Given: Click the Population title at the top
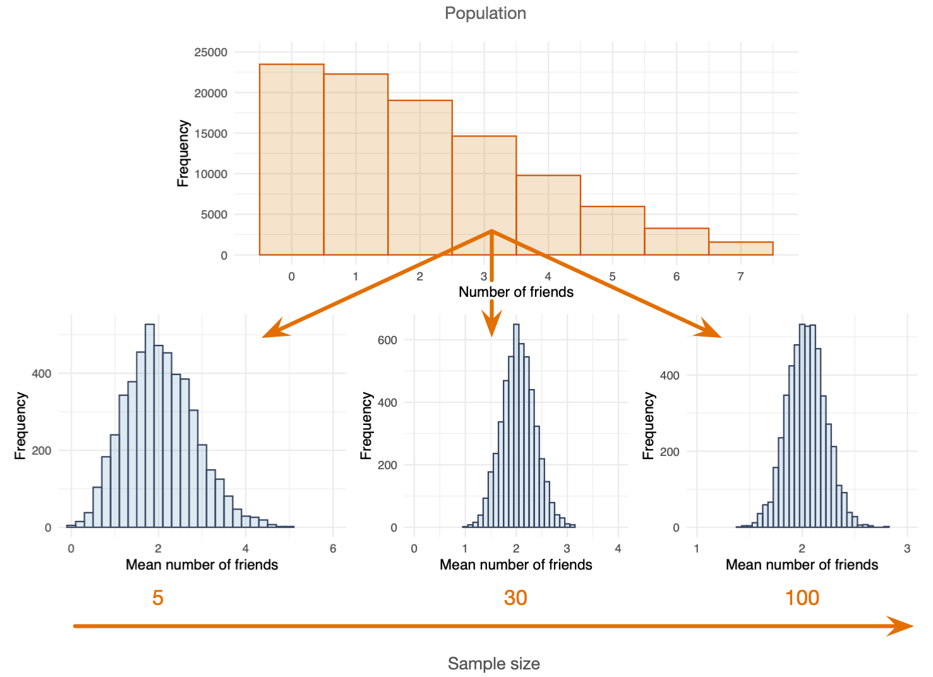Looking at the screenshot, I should pyautogui.click(x=485, y=13).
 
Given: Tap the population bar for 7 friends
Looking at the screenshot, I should pyautogui.click(x=740, y=248).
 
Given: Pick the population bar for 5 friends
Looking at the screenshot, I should pyautogui.click(x=612, y=231).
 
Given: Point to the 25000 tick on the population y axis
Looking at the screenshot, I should pyautogui.click(x=210, y=52).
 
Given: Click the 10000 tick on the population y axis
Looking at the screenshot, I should pyautogui.click(x=210, y=174).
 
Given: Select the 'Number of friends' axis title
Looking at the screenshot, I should pyautogui.click(x=516, y=292).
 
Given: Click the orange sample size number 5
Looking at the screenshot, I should pyautogui.click(x=158, y=597).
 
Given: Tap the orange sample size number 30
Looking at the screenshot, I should pyautogui.click(x=515, y=597).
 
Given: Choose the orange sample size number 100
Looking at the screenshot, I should pyautogui.click(x=802, y=597).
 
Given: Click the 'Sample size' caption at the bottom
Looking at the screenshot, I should pyautogui.click(x=493, y=664).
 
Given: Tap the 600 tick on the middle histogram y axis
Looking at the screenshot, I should pyautogui.click(x=387, y=340).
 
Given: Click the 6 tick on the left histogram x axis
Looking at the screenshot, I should pyautogui.click(x=333, y=549).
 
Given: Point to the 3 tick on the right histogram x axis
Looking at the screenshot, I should pyautogui.click(x=907, y=549).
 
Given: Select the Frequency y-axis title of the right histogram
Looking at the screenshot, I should pyautogui.click(x=648, y=426).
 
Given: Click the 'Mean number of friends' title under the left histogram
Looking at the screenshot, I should pyautogui.click(x=202, y=565).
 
